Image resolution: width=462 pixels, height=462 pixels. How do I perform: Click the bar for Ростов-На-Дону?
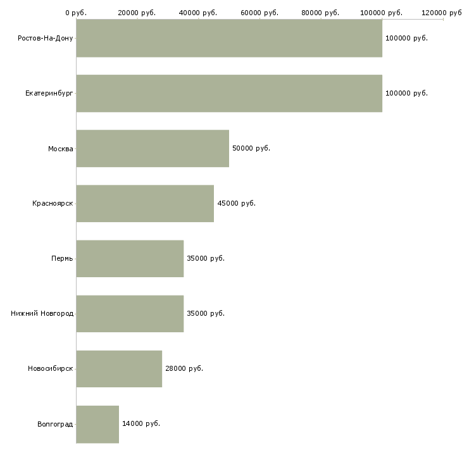coord(229,38)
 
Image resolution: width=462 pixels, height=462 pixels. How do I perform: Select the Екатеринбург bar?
coord(229,93)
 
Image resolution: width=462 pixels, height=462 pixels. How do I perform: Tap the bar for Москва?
coord(153,148)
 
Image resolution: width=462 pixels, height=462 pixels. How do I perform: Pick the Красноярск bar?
coord(145,203)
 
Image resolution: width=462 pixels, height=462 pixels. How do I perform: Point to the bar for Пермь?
coord(130,258)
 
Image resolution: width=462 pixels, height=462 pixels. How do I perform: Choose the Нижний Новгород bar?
coord(130,313)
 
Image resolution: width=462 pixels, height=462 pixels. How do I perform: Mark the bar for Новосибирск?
coord(119,368)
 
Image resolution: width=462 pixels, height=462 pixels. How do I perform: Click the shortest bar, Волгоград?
coord(97,423)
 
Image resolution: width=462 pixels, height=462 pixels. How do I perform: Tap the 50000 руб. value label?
coord(251,148)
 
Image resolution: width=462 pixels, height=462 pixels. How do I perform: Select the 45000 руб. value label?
coord(236,203)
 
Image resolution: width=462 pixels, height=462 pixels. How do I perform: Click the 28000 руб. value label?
coord(184,368)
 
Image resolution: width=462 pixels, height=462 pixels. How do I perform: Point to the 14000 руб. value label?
coord(141,423)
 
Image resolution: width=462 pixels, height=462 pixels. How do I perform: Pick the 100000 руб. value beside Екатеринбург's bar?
coord(406,93)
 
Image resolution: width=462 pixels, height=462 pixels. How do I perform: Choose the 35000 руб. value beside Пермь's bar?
coord(206,258)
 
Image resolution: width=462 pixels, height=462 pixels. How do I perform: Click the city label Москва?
coord(61,149)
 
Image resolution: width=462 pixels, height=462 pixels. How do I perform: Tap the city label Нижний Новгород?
coord(42,313)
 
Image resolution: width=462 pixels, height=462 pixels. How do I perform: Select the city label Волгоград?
coord(55,424)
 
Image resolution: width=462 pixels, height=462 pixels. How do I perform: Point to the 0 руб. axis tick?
coord(76,13)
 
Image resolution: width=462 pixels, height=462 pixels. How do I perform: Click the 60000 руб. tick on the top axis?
coord(259,13)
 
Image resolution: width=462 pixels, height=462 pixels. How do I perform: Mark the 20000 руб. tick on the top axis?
coord(137,13)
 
